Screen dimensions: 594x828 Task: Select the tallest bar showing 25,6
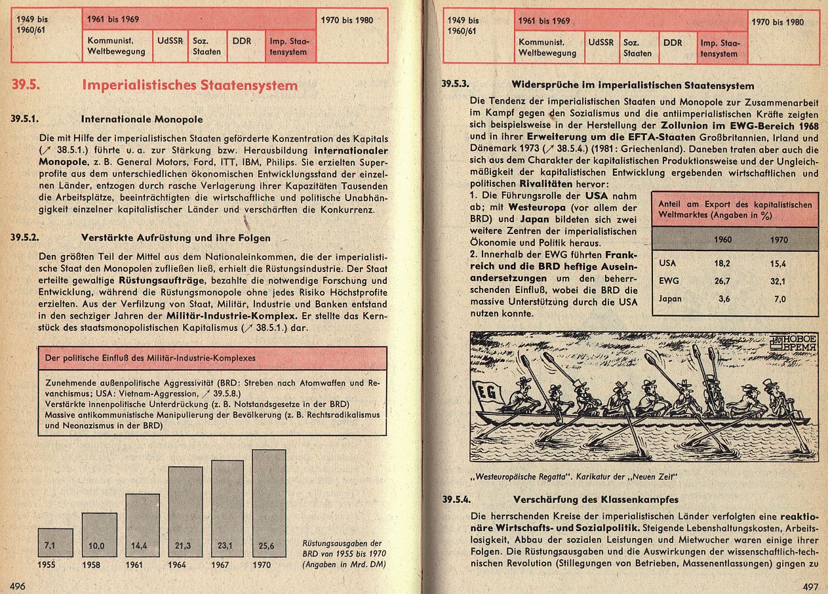click(269, 505)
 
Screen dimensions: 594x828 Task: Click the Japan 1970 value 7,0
click(779, 299)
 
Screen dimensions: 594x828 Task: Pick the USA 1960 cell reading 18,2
click(722, 263)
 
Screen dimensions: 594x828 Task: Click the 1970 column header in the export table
click(779, 239)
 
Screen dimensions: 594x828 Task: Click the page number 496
click(17, 585)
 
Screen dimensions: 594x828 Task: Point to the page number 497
click(811, 585)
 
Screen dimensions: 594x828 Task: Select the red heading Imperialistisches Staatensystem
click(189, 86)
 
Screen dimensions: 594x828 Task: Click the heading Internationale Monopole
click(142, 120)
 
